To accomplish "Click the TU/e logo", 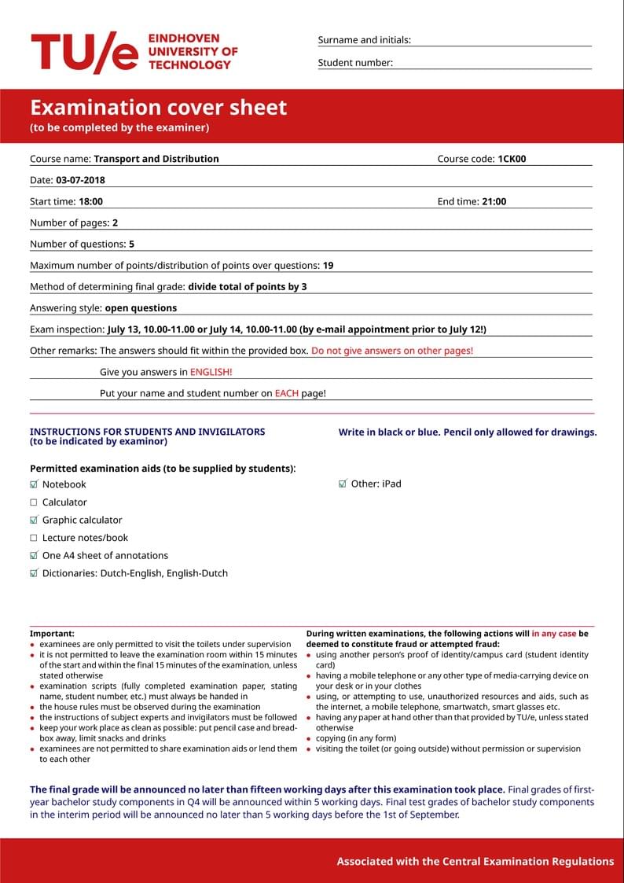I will (x=85, y=53).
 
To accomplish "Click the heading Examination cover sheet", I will (x=159, y=108).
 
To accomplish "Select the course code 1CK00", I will (x=512, y=159).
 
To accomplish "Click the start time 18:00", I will (x=90, y=201).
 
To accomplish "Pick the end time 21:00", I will (x=494, y=201).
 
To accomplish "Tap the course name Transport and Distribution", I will (x=156, y=159).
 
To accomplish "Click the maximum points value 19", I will (x=328, y=266).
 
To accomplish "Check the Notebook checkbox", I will (x=34, y=484).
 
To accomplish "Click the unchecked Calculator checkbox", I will (x=34, y=502).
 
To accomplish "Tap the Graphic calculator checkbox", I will (x=34, y=520).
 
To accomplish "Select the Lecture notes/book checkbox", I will (x=34, y=538).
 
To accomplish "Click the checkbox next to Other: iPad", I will (x=343, y=484).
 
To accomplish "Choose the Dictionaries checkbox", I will (x=34, y=573).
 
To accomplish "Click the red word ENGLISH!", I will (x=211, y=372).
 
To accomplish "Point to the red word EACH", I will (x=286, y=393).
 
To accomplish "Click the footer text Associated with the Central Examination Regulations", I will (x=475, y=861).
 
